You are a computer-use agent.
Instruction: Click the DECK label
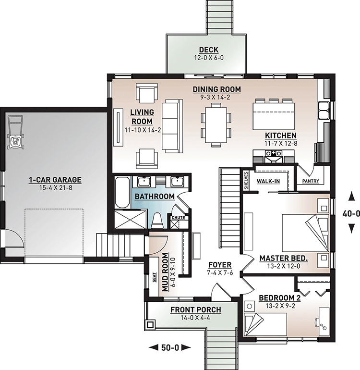[208, 50]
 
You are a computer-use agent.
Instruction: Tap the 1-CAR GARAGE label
[55, 180]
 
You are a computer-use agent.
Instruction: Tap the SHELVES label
[246, 180]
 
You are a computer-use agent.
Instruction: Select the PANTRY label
[311, 182]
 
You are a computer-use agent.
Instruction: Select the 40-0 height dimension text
[352, 212]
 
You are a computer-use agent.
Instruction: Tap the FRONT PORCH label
[192, 309]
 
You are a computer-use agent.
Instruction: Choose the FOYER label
[220, 265]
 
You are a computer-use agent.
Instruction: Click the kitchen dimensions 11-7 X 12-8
[280, 143]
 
